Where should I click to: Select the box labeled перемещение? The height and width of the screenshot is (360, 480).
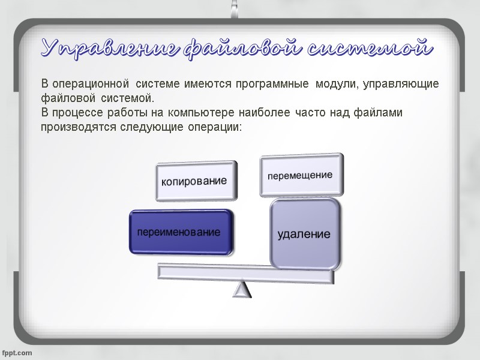[x=301, y=175]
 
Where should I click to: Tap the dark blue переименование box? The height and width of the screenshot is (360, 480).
[x=179, y=232]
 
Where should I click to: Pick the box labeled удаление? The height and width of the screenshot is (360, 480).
[x=305, y=233]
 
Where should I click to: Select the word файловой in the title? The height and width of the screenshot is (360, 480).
[x=244, y=48]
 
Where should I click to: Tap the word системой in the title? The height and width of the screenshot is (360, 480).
[x=369, y=48]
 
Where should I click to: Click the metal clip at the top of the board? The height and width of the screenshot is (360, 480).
[x=239, y=8]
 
